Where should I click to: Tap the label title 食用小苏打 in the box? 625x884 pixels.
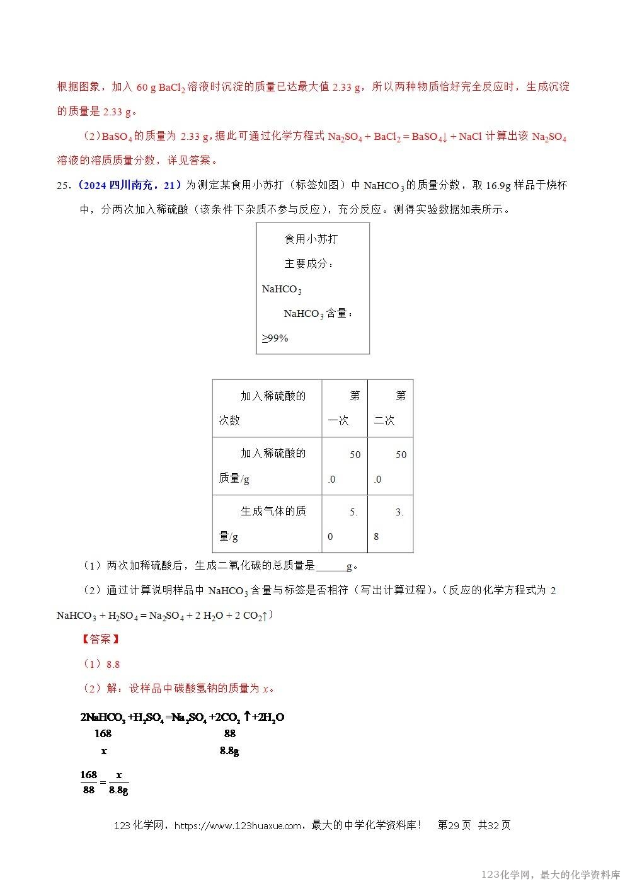tap(311, 239)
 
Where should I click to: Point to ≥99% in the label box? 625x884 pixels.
tap(275, 338)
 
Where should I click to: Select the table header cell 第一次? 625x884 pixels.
tap(345, 408)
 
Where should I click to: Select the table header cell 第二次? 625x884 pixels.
tap(390, 408)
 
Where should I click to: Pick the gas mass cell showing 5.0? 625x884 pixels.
tap(345, 524)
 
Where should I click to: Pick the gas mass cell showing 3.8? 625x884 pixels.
tap(390, 524)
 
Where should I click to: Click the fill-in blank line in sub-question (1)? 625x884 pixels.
tap(330, 566)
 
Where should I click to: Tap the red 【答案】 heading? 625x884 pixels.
tap(100, 640)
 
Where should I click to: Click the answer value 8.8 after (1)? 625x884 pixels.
tap(113, 664)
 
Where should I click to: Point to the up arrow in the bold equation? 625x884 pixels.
tap(248, 716)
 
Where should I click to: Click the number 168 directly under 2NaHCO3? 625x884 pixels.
tap(103, 733)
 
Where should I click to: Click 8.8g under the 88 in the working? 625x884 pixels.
tap(229, 750)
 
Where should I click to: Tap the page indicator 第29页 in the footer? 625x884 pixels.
tap(454, 825)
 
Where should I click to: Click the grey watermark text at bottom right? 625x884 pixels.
tap(550, 875)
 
